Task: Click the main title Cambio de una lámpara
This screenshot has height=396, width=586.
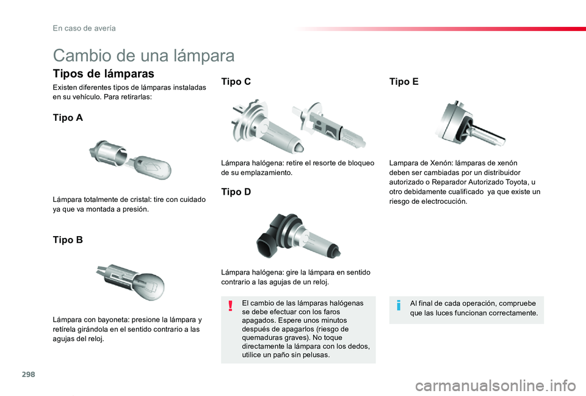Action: pos(143,56)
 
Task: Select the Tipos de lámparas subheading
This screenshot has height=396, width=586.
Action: pos(104,74)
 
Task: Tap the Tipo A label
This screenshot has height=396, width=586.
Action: pos(68,118)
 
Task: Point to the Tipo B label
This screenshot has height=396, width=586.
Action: pos(68,240)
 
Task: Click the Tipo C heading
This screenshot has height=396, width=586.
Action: pos(236,81)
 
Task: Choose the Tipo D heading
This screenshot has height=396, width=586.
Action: pos(236,192)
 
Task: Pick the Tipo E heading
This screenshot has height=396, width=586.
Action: pos(403,81)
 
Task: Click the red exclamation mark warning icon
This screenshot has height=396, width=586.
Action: pos(231,306)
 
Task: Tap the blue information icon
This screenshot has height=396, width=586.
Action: pos(399,305)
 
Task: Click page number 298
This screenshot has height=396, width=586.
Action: pos(29,374)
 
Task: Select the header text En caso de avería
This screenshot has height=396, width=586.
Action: pos(84,29)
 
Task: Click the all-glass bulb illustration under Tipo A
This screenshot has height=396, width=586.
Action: pos(131,160)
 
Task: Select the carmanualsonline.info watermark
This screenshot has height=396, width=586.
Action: pos(496,386)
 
